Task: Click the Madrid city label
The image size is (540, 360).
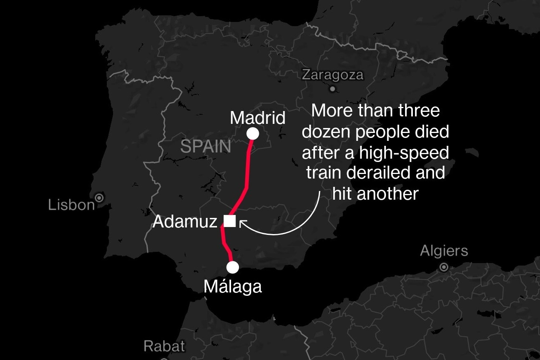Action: click(258, 118)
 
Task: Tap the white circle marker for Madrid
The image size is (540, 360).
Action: click(253, 134)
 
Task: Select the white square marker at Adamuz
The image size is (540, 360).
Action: click(229, 221)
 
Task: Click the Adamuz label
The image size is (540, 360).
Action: click(185, 222)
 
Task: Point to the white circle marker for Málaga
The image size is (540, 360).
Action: click(233, 268)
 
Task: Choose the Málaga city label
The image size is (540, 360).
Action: click(233, 287)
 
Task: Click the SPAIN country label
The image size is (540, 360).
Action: click(206, 147)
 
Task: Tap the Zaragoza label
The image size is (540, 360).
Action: click(333, 75)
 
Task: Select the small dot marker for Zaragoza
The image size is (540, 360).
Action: click(333, 88)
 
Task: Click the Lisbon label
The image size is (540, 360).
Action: click(71, 205)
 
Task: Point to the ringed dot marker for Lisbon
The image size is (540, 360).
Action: click(99, 198)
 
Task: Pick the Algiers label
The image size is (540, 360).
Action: click(444, 251)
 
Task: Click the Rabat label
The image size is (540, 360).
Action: click(164, 346)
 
